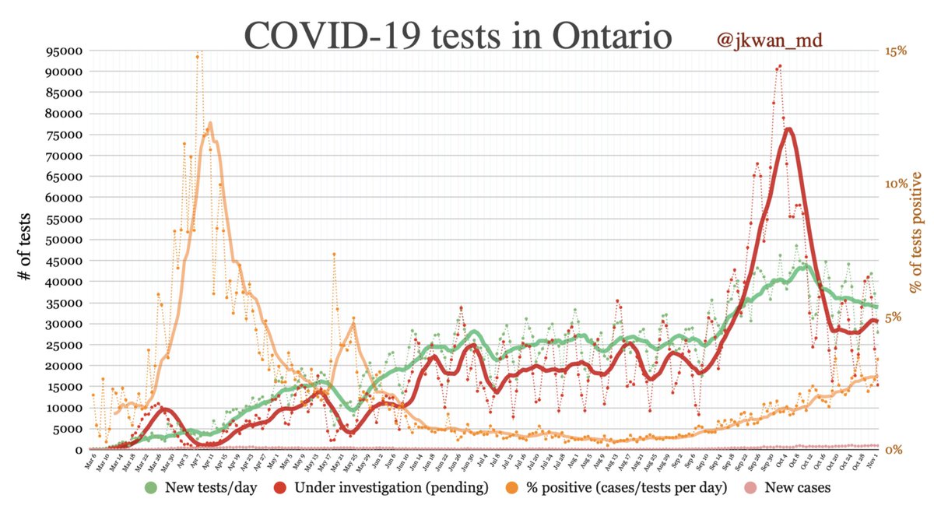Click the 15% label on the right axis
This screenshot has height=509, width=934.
896,51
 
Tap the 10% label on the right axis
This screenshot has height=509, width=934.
896,184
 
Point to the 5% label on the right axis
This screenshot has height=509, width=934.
893,317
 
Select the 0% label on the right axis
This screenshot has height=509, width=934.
893,450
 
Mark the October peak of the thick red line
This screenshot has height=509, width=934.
788,129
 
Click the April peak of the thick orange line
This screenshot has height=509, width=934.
210,123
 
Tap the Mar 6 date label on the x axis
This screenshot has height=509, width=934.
90,464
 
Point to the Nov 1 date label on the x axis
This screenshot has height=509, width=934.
873,464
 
